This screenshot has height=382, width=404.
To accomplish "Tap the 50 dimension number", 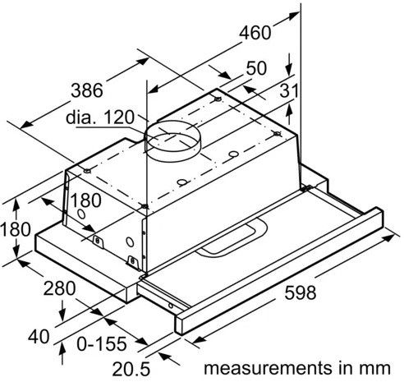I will point(255,69).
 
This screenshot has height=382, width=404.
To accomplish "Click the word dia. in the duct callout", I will point(85,118).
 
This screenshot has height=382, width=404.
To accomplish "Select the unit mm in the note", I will point(377,365).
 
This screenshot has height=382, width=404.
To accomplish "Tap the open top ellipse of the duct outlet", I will point(175,131).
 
